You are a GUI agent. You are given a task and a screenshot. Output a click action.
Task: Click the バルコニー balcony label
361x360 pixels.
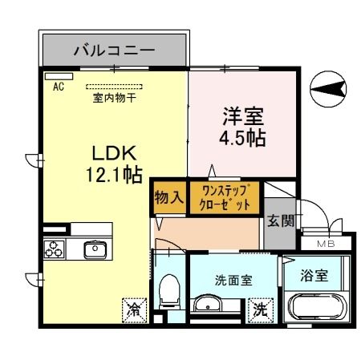114,51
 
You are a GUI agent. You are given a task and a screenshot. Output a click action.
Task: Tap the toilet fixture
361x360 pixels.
169,289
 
